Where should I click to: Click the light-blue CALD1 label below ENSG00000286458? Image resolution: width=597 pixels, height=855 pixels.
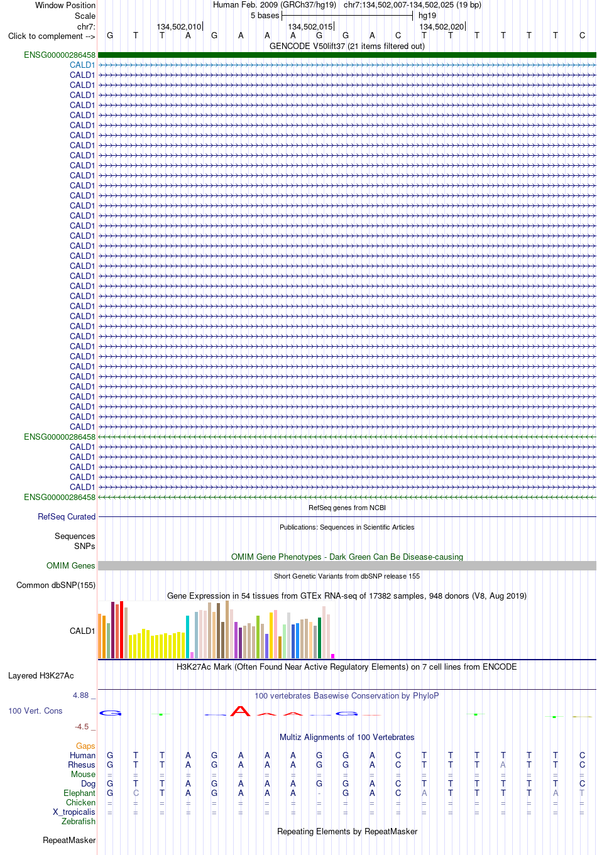(x=82, y=65)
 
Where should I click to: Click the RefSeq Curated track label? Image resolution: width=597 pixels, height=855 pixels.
(x=67, y=516)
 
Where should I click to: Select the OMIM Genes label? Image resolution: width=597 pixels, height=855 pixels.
(x=70, y=565)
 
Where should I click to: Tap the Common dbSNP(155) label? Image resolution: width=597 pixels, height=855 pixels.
(x=56, y=585)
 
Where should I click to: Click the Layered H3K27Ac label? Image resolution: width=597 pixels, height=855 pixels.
(x=41, y=675)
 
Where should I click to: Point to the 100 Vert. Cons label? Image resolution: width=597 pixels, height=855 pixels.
(x=35, y=711)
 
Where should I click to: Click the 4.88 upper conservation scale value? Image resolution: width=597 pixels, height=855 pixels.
(x=80, y=695)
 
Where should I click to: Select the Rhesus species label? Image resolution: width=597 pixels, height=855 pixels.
(x=82, y=765)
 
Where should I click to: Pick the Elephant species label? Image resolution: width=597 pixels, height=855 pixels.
(x=79, y=793)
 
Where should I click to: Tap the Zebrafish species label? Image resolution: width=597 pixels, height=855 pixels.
(x=79, y=822)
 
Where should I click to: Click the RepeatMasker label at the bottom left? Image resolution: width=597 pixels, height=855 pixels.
(x=69, y=840)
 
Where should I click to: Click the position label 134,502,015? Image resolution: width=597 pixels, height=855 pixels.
(x=310, y=27)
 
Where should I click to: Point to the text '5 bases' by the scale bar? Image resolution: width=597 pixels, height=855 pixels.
(x=265, y=16)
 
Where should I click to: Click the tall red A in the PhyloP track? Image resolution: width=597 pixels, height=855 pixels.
(x=240, y=711)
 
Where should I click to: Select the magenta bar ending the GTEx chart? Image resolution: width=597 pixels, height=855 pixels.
(x=333, y=656)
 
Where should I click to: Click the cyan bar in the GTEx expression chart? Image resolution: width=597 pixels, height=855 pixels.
(x=187, y=636)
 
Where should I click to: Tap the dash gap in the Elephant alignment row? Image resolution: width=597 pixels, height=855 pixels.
(x=319, y=793)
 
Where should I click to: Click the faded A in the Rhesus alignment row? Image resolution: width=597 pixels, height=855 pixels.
(x=503, y=765)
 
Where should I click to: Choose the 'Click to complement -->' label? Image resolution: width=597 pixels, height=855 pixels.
(x=52, y=36)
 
